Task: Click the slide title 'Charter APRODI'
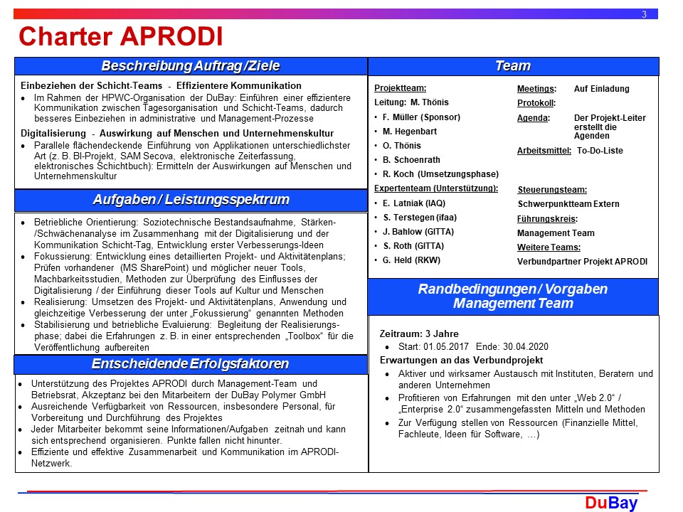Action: [120, 36]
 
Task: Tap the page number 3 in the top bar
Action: [644, 14]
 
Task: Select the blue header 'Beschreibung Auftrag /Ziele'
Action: [191, 66]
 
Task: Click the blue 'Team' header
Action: [513, 66]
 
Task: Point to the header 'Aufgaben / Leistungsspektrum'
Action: [191, 199]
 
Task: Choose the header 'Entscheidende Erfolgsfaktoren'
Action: [191, 364]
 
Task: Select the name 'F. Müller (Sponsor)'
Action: [421, 117]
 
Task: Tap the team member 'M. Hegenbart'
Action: [409, 132]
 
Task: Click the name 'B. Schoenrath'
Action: [411, 160]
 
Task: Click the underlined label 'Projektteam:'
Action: [400, 89]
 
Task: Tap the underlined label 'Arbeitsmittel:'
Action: [544, 151]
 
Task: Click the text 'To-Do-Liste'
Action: [600, 151]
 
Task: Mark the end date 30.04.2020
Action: [527, 346]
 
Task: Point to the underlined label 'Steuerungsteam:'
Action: [552, 190]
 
